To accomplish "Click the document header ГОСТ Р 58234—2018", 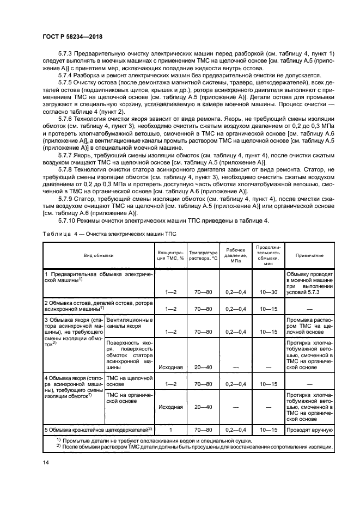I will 72,37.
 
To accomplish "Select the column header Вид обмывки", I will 99,255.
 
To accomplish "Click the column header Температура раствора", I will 202,255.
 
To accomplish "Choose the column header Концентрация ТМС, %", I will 171,255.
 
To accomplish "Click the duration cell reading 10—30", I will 267,292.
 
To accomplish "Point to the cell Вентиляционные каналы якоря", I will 129,324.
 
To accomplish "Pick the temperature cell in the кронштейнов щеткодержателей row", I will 202,430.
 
